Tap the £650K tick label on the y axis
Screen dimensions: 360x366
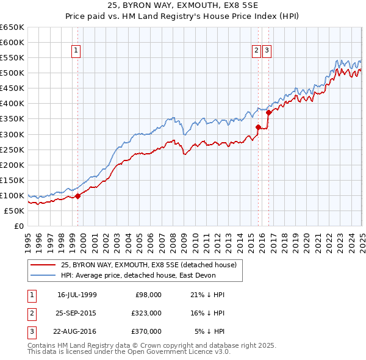(x=12, y=27)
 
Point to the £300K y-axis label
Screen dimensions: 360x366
(x=12, y=134)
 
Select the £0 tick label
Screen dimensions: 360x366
(x=18, y=226)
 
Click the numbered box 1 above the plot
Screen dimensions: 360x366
(x=76, y=51)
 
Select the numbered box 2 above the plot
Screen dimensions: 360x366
(x=257, y=51)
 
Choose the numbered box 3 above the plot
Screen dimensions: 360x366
(x=267, y=51)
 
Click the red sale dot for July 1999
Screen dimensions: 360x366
(x=78, y=196)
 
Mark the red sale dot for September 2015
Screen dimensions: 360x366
(x=258, y=127)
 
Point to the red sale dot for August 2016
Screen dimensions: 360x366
(x=268, y=112)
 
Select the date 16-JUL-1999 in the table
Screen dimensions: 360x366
(x=77, y=294)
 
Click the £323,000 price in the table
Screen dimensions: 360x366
(x=146, y=313)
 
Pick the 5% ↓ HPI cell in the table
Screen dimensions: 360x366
(x=209, y=332)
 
